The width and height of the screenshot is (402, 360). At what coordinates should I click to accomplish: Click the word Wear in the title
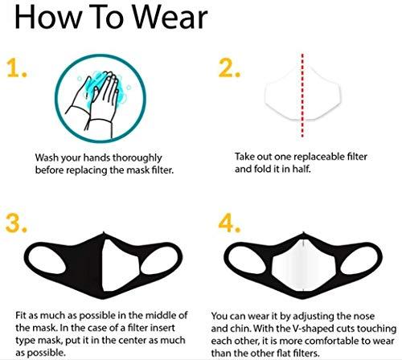point(170,17)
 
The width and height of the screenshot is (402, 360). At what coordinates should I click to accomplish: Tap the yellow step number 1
point(17,68)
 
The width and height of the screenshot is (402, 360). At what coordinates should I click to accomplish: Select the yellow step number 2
point(229,68)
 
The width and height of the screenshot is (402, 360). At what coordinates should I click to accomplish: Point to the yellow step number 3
point(16,223)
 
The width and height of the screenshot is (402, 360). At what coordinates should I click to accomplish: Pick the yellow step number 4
point(229,223)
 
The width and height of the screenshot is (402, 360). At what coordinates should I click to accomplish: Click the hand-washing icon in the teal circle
point(100,98)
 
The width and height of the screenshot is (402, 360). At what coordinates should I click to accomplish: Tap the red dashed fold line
point(302,96)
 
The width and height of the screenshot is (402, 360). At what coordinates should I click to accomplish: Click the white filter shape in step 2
point(303,92)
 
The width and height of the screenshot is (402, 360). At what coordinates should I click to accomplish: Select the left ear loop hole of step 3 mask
point(47,260)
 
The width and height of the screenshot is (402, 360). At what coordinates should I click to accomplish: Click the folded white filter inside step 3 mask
point(121,265)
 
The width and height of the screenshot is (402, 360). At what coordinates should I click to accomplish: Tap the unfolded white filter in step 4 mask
point(304,265)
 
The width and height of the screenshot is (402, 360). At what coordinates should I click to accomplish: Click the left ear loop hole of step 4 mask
point(247,260)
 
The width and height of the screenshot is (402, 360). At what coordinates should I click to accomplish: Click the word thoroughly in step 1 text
point(137,158)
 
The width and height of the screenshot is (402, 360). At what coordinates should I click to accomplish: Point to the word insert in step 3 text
point(162,328)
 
